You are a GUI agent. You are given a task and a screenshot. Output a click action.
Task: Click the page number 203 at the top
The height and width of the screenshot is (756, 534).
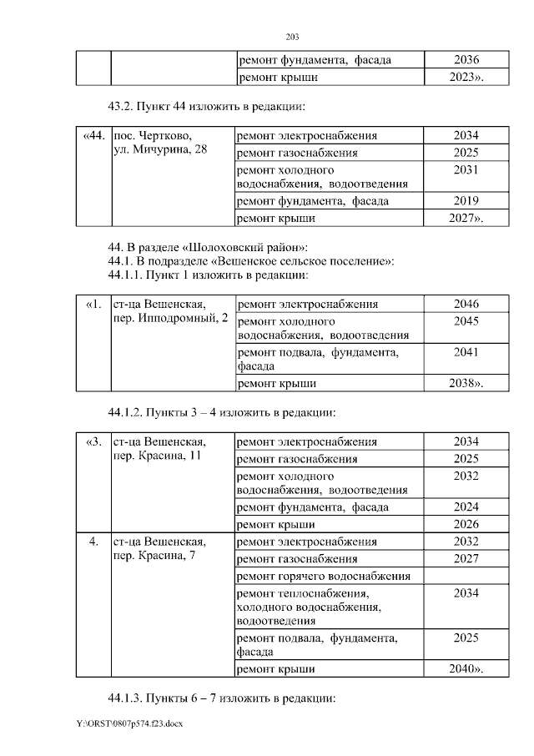[x=292, y=38]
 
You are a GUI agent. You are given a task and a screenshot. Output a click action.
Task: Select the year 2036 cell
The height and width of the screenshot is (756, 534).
[x=466, y=60]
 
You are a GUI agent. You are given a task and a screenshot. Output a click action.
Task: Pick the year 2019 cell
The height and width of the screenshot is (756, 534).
[x=466, y=201]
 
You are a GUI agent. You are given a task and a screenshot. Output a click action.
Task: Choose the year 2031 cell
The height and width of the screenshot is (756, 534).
[x=466, y=170]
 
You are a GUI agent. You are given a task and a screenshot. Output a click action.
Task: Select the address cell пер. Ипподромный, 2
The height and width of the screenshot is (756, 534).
[x=170, y=311]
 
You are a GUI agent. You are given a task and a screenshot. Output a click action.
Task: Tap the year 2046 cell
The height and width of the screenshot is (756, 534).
[x=466, y=305]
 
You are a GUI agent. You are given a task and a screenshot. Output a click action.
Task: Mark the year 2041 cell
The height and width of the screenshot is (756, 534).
[x=466, y=353]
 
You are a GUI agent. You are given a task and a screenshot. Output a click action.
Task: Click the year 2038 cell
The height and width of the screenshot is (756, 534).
[x=466, y=384]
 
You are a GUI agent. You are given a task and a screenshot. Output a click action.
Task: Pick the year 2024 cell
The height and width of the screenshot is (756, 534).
[x=466, y=507]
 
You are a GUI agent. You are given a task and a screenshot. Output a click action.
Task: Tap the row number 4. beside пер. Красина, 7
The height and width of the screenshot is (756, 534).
[x=93, y=542]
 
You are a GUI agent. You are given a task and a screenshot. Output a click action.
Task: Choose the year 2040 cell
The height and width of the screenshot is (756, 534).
[x=466, y=669]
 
